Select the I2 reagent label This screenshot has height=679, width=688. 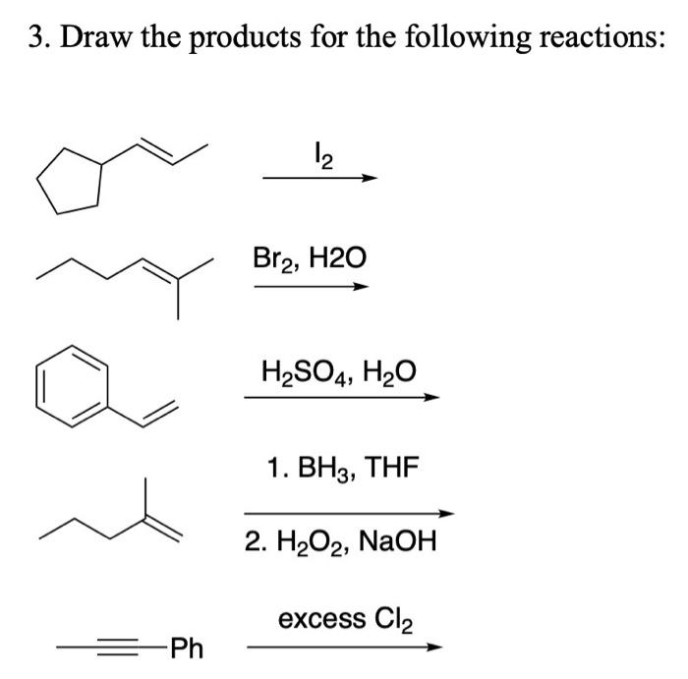click(319, 156)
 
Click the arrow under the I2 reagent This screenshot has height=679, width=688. click(319, 179)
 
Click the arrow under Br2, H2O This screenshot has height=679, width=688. click(311, 287)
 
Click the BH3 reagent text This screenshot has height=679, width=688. click(325, 469)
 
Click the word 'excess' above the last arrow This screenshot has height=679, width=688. click(321, 619)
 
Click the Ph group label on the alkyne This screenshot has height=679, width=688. click(186, 649)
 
